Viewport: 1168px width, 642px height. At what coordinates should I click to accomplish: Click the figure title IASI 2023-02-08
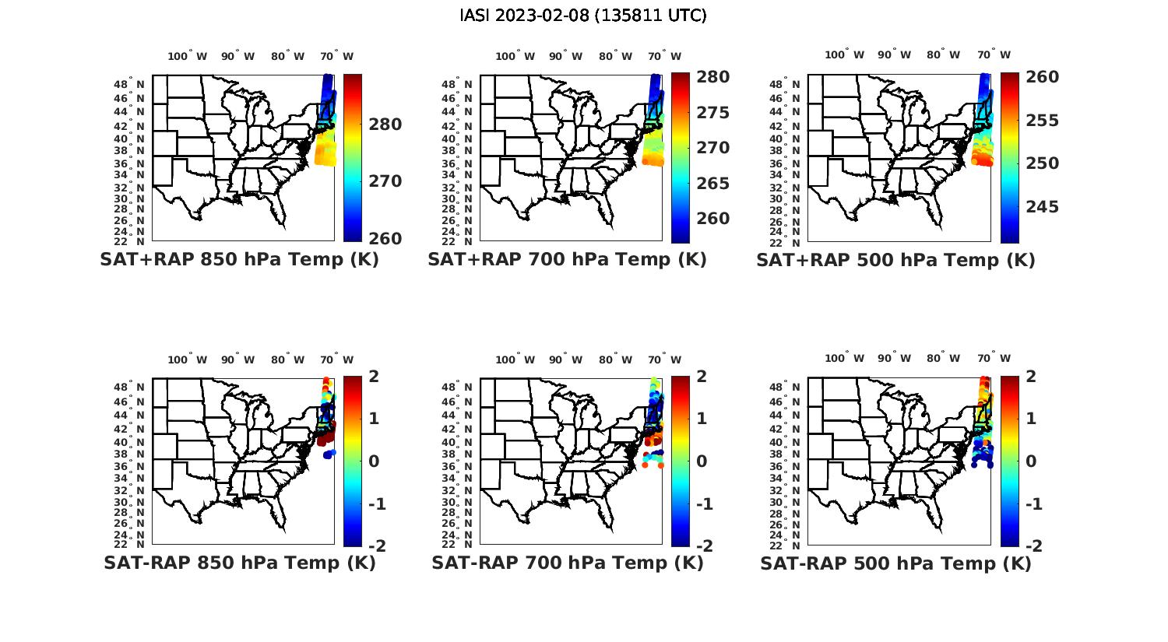[x=583, y=16]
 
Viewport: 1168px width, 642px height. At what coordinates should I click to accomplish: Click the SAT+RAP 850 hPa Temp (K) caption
[x=239, y=260]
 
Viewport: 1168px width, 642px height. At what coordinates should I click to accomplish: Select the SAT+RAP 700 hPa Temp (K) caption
[x=567, y=260]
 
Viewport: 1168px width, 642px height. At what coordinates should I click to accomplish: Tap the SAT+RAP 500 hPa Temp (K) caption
[x=895, y=260]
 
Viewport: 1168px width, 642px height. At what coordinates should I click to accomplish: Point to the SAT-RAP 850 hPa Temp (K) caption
[x=239, y=563]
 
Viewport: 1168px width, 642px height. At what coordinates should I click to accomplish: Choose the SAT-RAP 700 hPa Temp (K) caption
[x=567, y=563]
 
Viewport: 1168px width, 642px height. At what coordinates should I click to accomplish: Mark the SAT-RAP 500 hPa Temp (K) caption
[x=895, y=563]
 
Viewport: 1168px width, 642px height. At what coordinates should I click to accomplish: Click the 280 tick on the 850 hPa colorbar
[x=385, y=125]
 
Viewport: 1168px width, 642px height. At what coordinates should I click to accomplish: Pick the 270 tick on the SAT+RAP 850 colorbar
[x=385, y=181]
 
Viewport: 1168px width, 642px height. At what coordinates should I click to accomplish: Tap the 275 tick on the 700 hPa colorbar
[x=712, y=113]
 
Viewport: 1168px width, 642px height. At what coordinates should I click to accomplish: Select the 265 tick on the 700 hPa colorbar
[x=712, y=184]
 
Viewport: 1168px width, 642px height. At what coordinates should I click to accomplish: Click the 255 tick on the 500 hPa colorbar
[x=1042, y=121]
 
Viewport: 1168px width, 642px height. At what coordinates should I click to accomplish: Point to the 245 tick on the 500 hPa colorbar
[x=1042, y=207]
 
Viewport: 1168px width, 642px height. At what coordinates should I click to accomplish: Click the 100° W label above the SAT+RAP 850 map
[x=188, y=56]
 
